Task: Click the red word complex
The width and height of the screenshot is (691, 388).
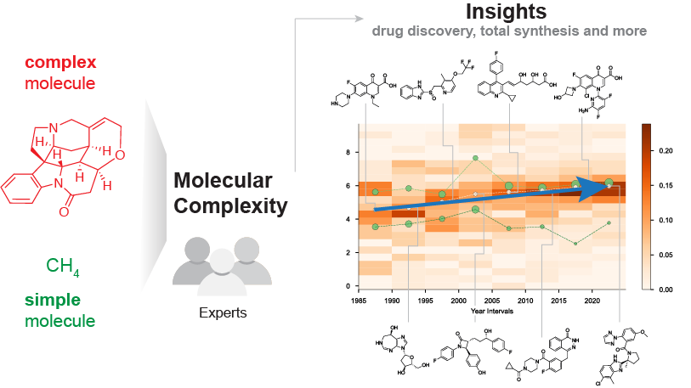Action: (x=60, y=63)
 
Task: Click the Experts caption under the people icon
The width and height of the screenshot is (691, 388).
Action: (x=223, y=312)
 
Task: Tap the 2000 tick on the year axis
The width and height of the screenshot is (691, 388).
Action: (x=458, y=301)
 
